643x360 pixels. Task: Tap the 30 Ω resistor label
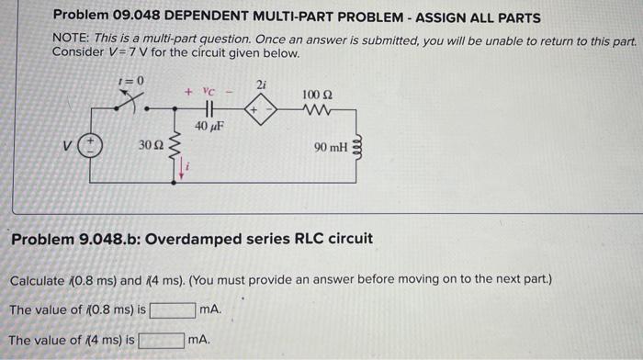point(150,146)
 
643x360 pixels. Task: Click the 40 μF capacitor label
point(209,125)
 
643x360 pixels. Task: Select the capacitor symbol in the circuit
point(209,107)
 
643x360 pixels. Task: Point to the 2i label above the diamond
point(261,84)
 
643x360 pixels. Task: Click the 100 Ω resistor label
point(318,96)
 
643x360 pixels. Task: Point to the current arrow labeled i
point(182,167)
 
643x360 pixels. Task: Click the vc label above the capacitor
point(208,92)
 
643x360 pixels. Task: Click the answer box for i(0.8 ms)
point(173,310)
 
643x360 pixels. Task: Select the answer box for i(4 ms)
point(161,341)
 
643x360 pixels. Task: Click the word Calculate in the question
point(38,279)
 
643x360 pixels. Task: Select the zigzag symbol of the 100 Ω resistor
point(318,108)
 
